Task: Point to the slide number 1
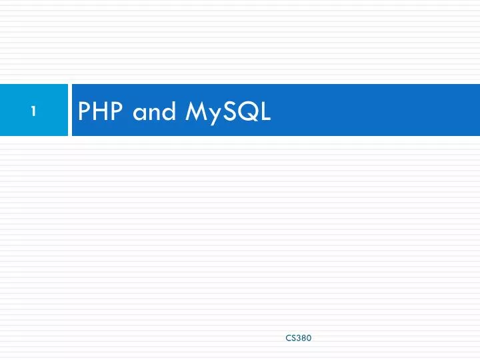point(33,112)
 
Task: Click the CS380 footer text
point(298,338)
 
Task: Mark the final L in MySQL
point(264,112)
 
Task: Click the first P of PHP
point(85,112)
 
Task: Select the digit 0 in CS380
point(308,338)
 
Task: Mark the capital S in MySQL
point(227,112)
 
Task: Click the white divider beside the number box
point(70,110)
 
